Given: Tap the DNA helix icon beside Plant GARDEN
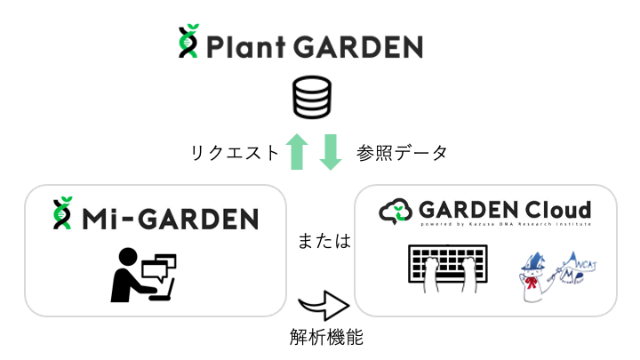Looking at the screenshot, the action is (188, 43).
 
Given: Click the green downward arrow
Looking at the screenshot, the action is (330, 152).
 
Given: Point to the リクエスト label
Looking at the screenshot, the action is (234, 153).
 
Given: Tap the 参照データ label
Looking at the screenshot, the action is (402, 153).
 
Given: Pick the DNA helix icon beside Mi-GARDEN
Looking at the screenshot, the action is (62, 213).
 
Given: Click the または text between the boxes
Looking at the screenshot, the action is (323, 241).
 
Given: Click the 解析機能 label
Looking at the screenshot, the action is (325, 338).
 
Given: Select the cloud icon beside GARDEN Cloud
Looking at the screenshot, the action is (396, 212).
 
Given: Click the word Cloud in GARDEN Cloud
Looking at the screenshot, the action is (557, 210).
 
